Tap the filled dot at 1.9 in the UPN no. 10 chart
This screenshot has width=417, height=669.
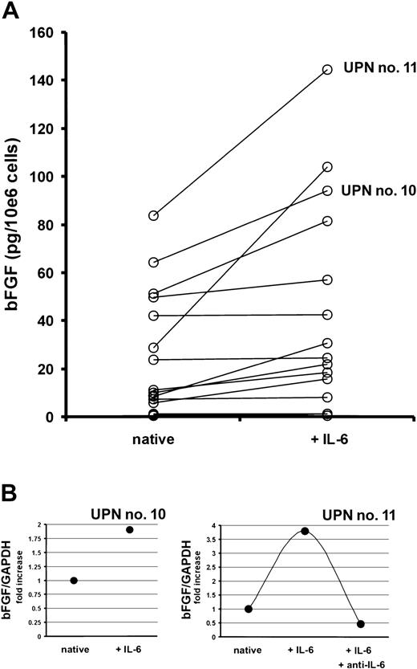pyautogui.click(x=128, y=552)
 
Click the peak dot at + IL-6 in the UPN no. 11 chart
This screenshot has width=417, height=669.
pyautogui.click(x=304, y=553)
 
